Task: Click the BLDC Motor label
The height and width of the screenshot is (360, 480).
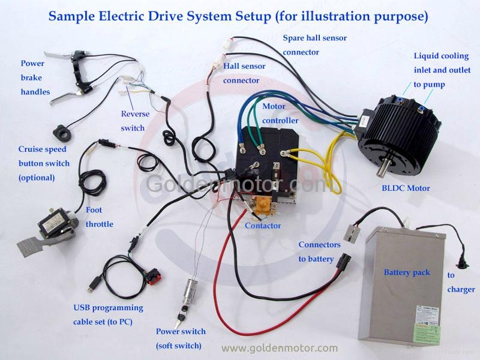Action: coord(406,188)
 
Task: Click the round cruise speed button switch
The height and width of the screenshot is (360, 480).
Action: coord(62,133)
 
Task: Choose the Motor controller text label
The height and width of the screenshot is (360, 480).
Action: coord(280,113)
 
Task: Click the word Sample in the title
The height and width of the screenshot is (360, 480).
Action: coord(72,17)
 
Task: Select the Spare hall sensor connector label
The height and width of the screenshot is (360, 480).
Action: coord(314,45)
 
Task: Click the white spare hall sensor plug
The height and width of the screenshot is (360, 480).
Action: coord(228,43)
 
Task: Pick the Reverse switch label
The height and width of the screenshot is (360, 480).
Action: coord(135,121)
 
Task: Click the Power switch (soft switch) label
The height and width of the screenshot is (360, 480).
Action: coord(181,338)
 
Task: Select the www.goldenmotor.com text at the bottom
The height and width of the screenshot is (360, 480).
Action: coord(280,349)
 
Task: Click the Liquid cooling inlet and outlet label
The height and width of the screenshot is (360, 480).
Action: coord(442,70)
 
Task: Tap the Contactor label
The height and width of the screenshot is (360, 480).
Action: coord(263,226)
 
